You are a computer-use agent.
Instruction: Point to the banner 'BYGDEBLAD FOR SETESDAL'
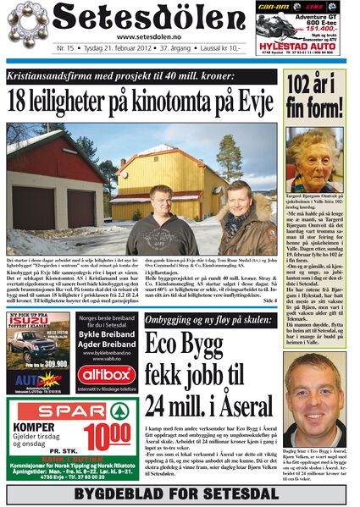coord(179,491)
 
